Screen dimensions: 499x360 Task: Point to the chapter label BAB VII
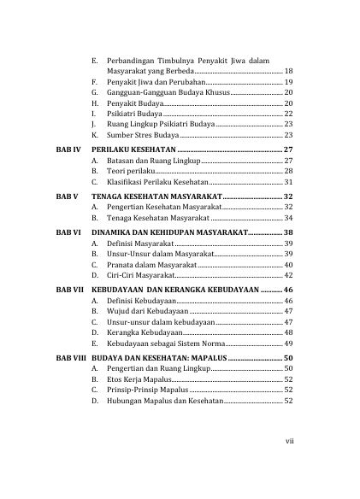click(68, 291)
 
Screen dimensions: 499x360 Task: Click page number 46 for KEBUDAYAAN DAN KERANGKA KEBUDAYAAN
click(288, 291)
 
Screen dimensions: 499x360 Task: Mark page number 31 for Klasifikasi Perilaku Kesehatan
click(288, 182)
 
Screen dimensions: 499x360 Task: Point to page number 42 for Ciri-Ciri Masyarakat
click(288, 277)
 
